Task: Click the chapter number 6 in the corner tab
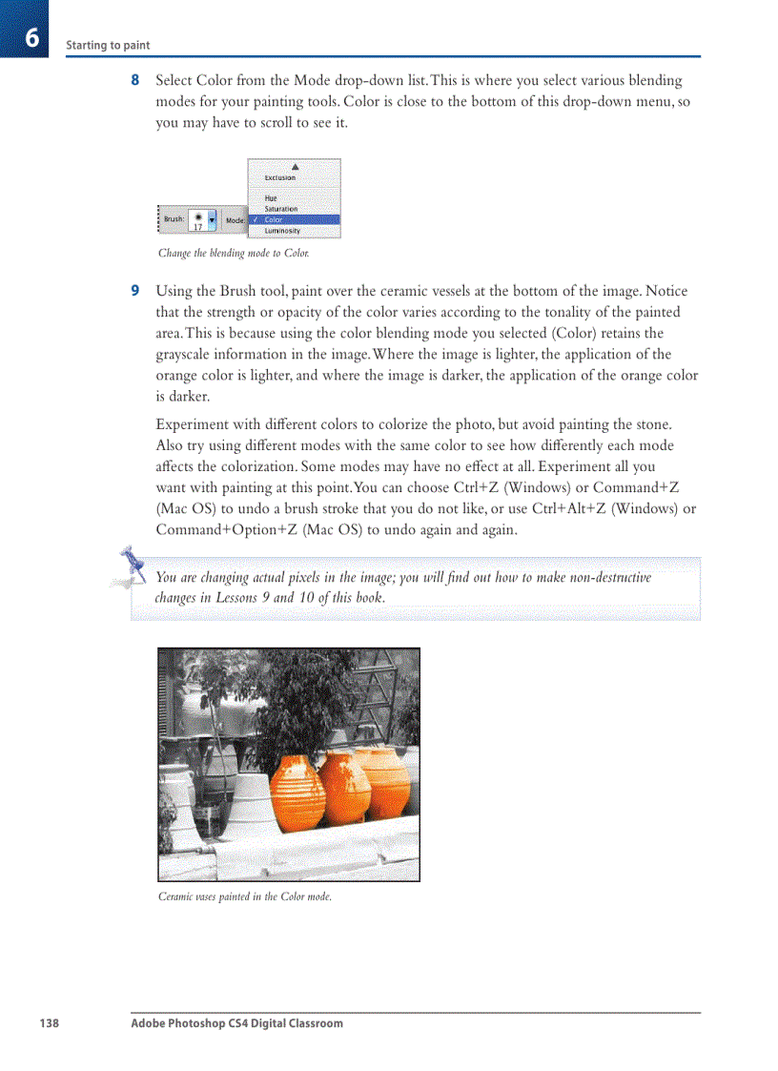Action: [31, 38]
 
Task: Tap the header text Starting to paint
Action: [108, 46]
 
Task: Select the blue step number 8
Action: [135, 80]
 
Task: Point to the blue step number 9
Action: [135, 291]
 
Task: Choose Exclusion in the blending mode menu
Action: [280, 177]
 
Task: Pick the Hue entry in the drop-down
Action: [272, 198]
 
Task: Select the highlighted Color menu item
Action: [275, 219]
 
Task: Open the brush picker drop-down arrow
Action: [212, 219]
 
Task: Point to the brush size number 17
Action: [198, 227]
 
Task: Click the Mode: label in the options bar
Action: [235, 220]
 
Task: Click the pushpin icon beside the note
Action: [129, 565]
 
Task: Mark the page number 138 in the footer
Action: [49, 1023]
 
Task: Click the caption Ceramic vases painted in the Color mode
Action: [245, 896]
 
